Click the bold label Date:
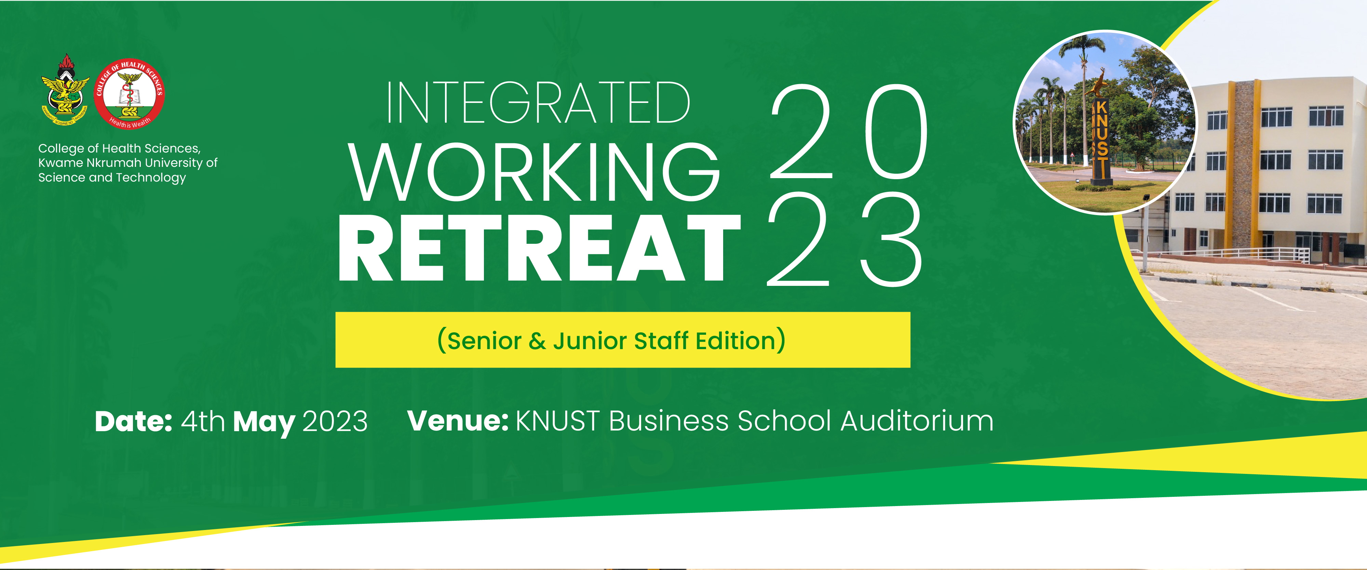[133, 422]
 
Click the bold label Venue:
[458, 421]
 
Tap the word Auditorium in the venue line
[917, 421]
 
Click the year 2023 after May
[335, 422]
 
